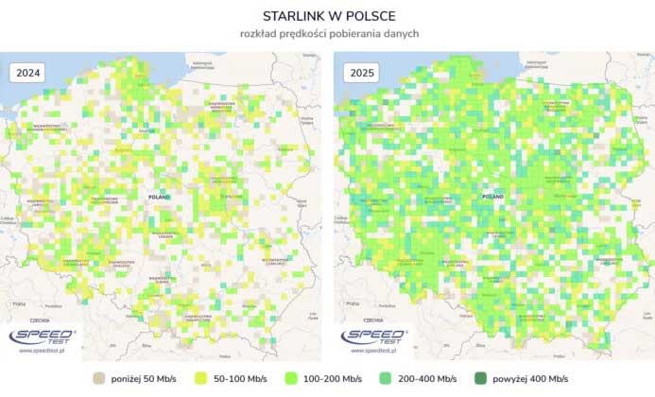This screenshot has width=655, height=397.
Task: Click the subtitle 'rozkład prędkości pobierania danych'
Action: [x=327, y=35]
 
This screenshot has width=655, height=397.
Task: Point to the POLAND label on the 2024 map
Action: [x=160, y=196]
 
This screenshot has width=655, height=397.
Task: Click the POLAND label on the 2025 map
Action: [x=492, y=196]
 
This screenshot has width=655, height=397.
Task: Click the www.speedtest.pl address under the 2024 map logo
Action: [x=43, y=351]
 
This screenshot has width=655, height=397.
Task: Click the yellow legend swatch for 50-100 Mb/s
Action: [x=202, y=378]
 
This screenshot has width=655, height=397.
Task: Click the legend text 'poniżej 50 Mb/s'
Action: [x=143, y=378]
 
